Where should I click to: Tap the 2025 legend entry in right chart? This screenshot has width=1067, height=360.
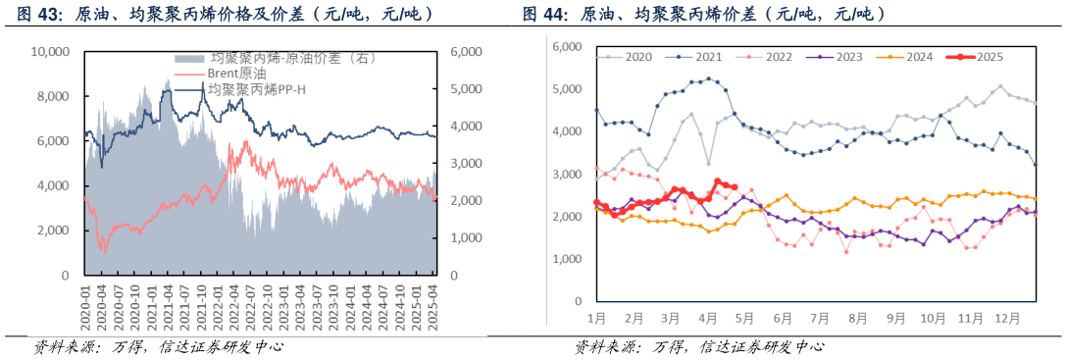pyautogui.click(x=985, y=58)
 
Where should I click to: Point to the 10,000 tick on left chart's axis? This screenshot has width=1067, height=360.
pyautogui.click(x=51, y=51)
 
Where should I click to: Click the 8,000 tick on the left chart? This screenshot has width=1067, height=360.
pyautogui.click(x=54, y=96)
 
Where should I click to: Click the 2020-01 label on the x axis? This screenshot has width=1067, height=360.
pyautogui.click(x=85, y=307)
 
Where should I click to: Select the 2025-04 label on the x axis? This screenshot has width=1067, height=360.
pyautogui.click(x=429, y=307)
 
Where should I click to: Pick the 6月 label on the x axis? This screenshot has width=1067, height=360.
pyautogui.click(x=783, y=319)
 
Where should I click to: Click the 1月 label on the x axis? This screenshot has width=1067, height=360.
pyautogui.click(x=596, y=319)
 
